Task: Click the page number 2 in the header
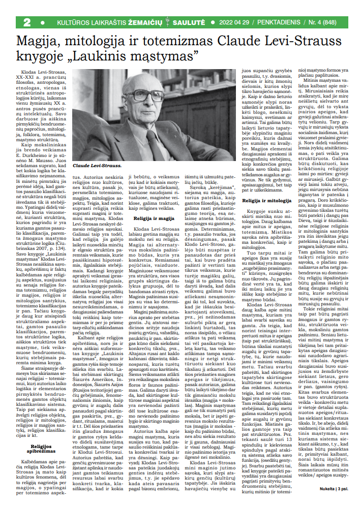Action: [x=27, y=23]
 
